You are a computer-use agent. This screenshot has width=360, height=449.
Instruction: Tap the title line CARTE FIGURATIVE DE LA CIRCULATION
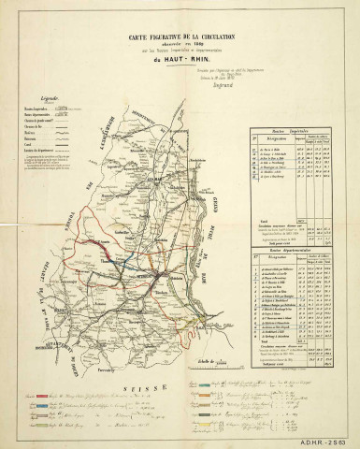tap(180, 35)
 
